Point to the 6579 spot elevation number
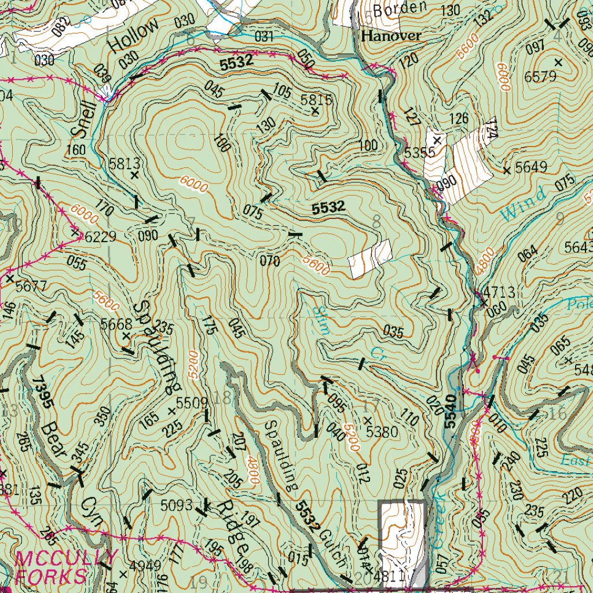(540, 76)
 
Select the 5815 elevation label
(316, 100)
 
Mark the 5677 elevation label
(31, 285)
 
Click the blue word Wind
(523, 204)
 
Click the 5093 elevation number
(177, 505)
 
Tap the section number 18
(222, 398)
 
